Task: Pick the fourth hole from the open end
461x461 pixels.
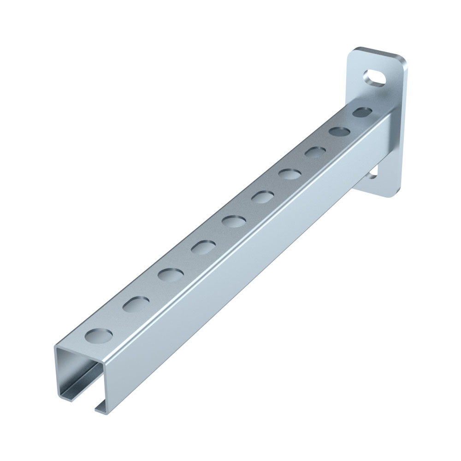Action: click(201, 248)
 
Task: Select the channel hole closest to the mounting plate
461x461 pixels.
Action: click(362, 112)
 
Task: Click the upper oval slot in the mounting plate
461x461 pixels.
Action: click(374, 77)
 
